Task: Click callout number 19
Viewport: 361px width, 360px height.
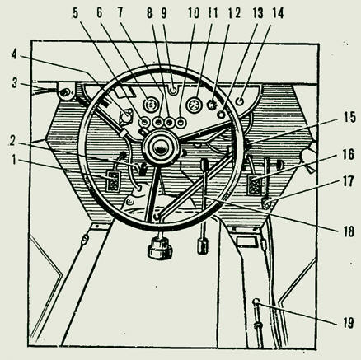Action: (348, 323)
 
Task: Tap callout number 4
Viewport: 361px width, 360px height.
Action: (14, 54)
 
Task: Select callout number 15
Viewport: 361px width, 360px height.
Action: (349, 117)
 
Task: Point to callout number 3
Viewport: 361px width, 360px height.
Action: (15, 84)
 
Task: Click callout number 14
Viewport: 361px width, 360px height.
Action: (278, 14)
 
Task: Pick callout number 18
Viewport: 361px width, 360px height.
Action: (349, 231)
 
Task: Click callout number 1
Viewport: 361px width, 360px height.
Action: (14, 161)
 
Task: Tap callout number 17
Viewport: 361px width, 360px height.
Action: (349, 182)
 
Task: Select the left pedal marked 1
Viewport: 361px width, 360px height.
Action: (112, 181)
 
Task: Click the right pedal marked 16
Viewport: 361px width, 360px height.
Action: (254, 185)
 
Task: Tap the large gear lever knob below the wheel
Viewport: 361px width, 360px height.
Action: (160, 249)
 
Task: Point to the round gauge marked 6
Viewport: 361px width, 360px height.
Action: (150, 105)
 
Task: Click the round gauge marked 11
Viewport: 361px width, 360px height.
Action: (195, 105)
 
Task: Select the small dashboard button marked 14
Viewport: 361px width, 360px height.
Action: (240, 101)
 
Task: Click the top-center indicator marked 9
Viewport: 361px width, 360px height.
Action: (173, 90)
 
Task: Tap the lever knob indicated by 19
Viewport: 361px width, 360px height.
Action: (256, 302)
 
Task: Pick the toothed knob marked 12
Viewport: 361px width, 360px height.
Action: (212, 105)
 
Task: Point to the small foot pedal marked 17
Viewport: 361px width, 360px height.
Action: (266, 203)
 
